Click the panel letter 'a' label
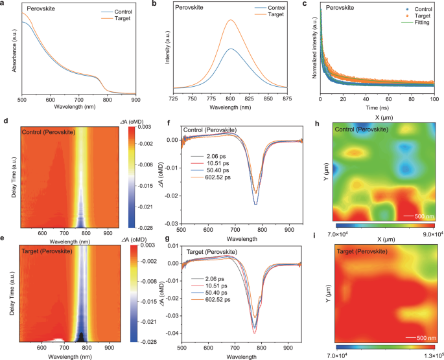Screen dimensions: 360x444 [x=4, y=4]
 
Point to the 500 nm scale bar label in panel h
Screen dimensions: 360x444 [x=415, y=214]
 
